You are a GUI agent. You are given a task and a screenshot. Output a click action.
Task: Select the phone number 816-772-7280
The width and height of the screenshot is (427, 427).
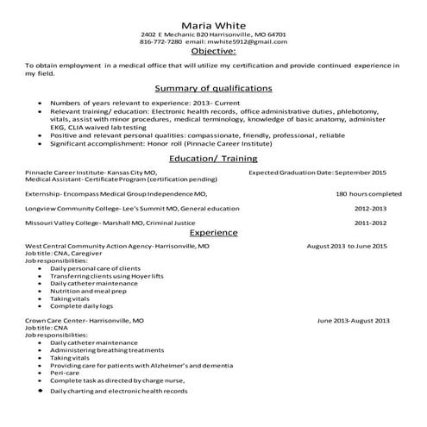(161, 41)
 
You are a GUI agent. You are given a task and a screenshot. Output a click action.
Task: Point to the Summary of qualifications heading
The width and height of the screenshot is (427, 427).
(213, 88)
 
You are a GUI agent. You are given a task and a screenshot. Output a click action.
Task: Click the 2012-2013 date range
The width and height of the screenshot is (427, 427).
(372, 208)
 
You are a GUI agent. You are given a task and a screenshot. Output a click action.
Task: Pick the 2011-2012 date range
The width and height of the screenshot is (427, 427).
(372, 223)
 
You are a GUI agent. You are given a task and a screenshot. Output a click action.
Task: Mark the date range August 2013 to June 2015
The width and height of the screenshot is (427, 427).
(347, 246)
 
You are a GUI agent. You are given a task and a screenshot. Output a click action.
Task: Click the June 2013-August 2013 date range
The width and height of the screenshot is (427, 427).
(353, 320)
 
